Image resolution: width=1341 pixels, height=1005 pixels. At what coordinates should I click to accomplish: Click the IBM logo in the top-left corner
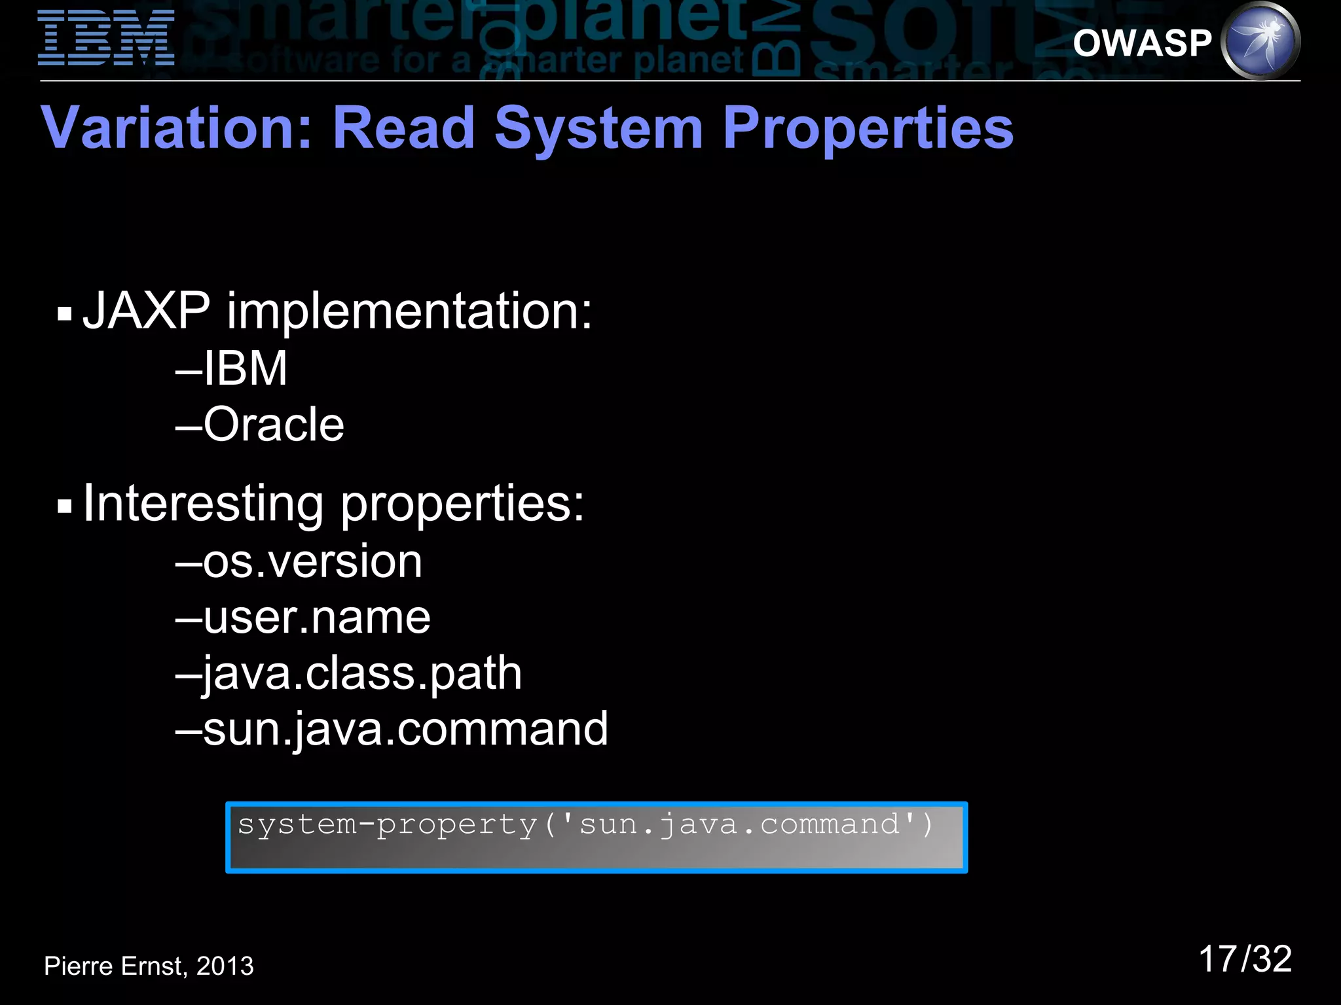[x=106, y=38]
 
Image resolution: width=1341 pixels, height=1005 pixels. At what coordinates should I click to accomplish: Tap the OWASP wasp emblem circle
[x=1260, y=41]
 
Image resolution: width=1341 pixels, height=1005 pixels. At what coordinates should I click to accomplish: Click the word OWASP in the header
[x=1143, y=43]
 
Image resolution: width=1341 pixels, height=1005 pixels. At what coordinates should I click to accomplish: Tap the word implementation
[x=409, y=311]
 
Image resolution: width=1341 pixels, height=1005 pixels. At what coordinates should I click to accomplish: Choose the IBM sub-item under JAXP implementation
[x=245, y=368]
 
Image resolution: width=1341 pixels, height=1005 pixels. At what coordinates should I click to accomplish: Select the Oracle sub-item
[x=273, y=425]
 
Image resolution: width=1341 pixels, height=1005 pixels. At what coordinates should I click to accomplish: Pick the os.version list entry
[x=312, y=561]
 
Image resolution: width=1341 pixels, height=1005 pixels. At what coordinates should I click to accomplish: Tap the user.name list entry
[x=316, y=618]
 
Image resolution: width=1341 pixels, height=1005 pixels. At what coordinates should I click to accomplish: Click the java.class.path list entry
[x=362, y=674]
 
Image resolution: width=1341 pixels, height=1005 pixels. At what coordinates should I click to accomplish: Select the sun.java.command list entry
[x=405, y=729]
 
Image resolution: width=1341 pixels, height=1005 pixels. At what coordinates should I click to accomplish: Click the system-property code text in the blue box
[x=585, y=825]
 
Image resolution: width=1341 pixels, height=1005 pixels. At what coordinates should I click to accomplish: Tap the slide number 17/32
[x=1245, y=959]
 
